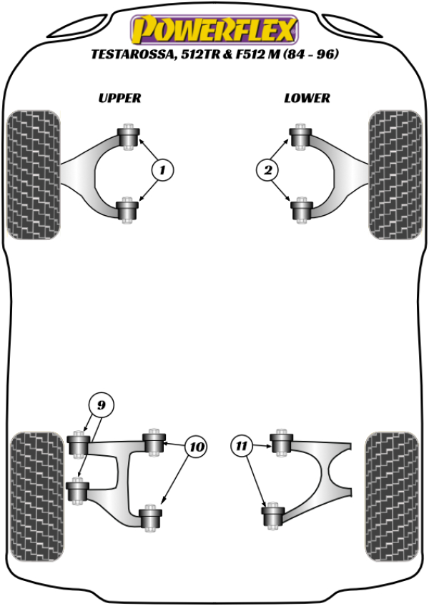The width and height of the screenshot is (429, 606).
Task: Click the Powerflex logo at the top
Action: [x=213, y=31]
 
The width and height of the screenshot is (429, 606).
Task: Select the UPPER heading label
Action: [x=119, y=98]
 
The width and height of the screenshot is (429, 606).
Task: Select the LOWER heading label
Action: [x=307, y=98]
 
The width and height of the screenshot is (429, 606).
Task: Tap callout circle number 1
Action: [x=162, y=170]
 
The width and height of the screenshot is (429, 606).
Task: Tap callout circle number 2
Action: [x=267, y=170]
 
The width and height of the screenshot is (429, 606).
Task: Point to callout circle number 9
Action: [x=101, y=405]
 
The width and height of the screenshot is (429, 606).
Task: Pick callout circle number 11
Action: [x=242, y=447]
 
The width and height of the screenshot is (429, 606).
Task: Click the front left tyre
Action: [x=32, y=173]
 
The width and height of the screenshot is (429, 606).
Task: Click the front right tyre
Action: [x=393, y=174]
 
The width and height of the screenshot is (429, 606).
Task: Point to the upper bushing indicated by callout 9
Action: [x=77, y=445]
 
